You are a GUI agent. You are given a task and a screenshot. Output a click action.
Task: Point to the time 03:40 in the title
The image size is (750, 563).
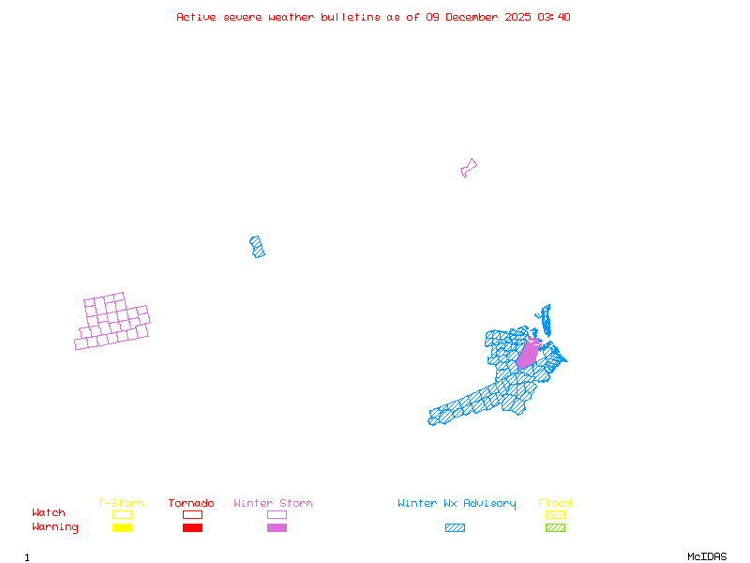pyautogui.click(x=554, y=17)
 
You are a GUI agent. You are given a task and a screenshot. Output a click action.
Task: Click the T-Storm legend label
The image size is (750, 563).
pyautogui.click(x=121, y=504)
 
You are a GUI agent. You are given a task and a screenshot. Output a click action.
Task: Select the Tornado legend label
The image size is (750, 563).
pyautogui.click(x=191, y=504)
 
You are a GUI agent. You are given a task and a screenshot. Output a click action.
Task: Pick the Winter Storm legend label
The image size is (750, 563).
pyautogui.click(x=273, y=504)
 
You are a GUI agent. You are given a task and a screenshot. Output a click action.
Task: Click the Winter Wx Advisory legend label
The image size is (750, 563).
pyautogui.click(x=457, y=504)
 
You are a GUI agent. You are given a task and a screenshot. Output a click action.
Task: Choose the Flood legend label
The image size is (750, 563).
pyautogui.click(x=555, y=504)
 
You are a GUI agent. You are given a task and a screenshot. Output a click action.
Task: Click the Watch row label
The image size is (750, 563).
pyautogui.click(x=49, y=513)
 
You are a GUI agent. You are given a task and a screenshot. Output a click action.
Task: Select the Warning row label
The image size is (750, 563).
pyautogui.click(x=55, y=527)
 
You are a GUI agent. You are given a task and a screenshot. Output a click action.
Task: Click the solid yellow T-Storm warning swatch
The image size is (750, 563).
pyautogui.click(x=122, y=527)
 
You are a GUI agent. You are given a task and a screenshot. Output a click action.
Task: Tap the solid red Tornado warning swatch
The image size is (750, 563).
pyautogui.click(x=192, y=527)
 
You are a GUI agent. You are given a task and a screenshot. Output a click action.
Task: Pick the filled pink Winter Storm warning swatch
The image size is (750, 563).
pyautogui.click(x=277, y=527)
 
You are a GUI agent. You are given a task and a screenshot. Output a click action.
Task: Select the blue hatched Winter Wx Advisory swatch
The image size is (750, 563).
pyautogui.click(x=455, y=527)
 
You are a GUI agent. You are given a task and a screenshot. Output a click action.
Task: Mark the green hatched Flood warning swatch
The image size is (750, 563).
pyautogui.click(x=555, y=527)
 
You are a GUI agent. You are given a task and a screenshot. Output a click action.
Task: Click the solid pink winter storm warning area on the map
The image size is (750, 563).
pyautogui.click(x=529, y=355)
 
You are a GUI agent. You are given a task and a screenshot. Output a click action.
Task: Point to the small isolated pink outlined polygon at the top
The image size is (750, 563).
pyautogui.click(x=468, y=168)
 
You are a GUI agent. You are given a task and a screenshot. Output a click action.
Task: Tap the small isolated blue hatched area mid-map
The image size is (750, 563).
pyautogui.click(x=257, y=247)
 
